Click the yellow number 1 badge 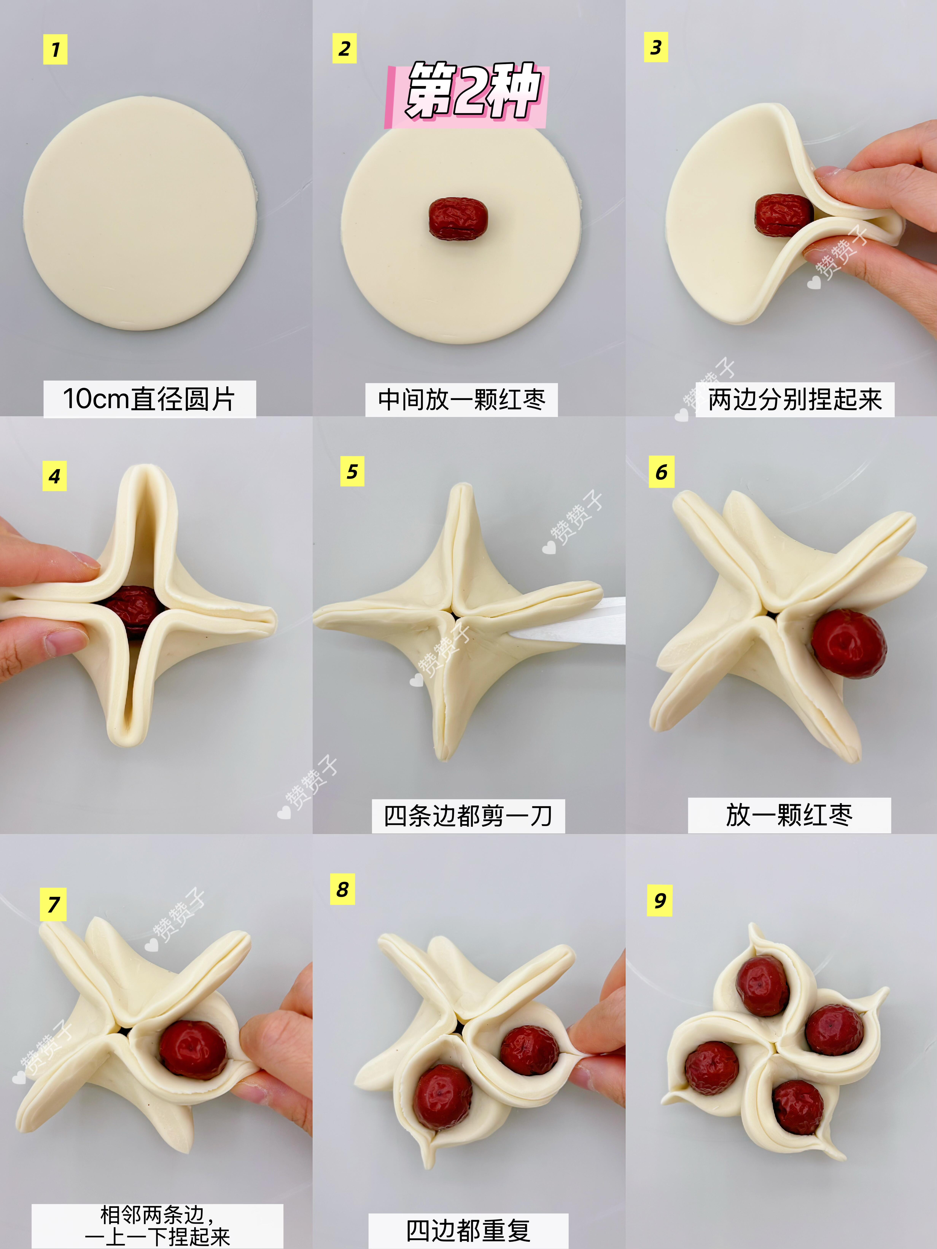tap(55, 49)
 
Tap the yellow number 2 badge tap(344, 48)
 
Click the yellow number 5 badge tap(352, 471)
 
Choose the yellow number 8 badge tap(343, 889)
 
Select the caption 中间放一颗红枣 tap(461, 400)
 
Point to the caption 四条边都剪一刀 tap(468, 816)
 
